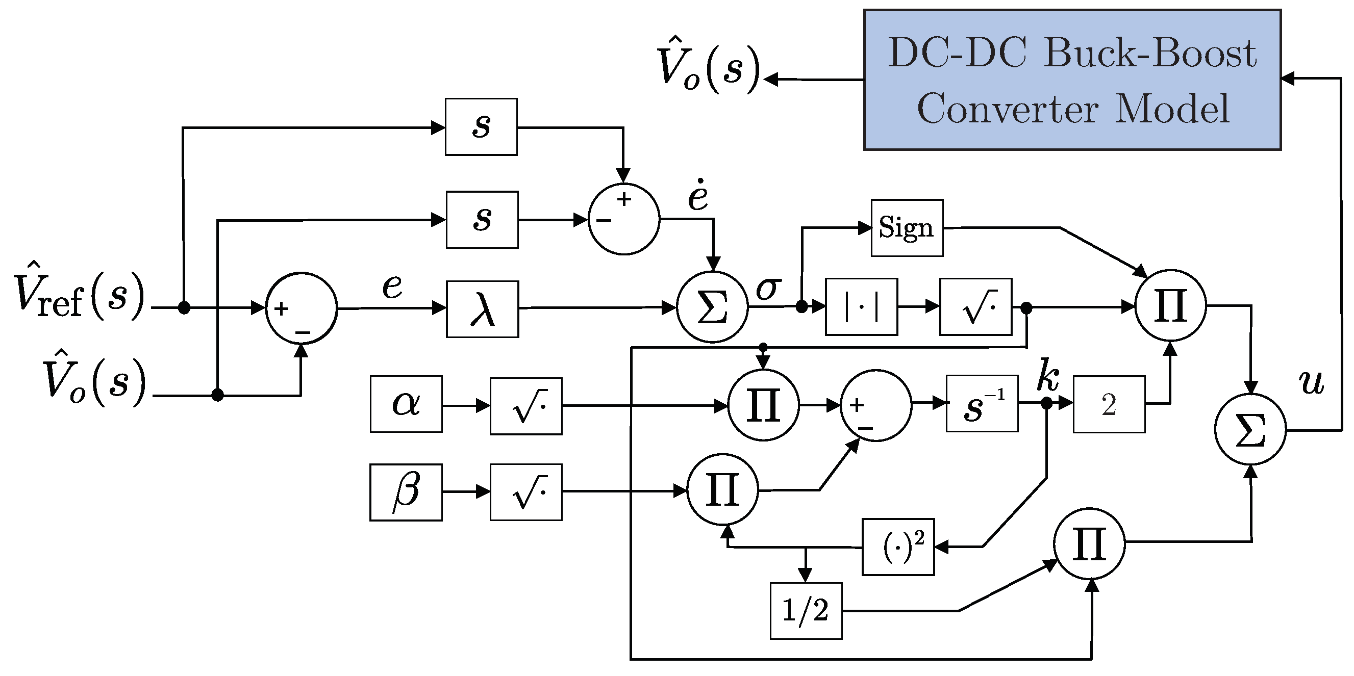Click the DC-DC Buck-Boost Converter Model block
click(x=1072, y=80)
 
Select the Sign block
click(x=907, y=228)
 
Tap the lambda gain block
click(x=483, y=309)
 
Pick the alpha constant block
click(x=406, y=404)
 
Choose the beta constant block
click(x=406, y=492)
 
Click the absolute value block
click(x=862, y=307)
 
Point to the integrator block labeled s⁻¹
click(x=982, y=403)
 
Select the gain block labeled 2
click(x=1109, y=404)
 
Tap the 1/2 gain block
click(x=806, y=611)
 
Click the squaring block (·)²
click(x=898, y=547)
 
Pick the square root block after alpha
click(x=526, y=406)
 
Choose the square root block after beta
click(x=526, y=492)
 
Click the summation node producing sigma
click(x=712, y=307)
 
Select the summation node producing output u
click(x=1251, y=429)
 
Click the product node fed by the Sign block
click(x=1170, y=306)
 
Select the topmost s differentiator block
click(x=481, y=126)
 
